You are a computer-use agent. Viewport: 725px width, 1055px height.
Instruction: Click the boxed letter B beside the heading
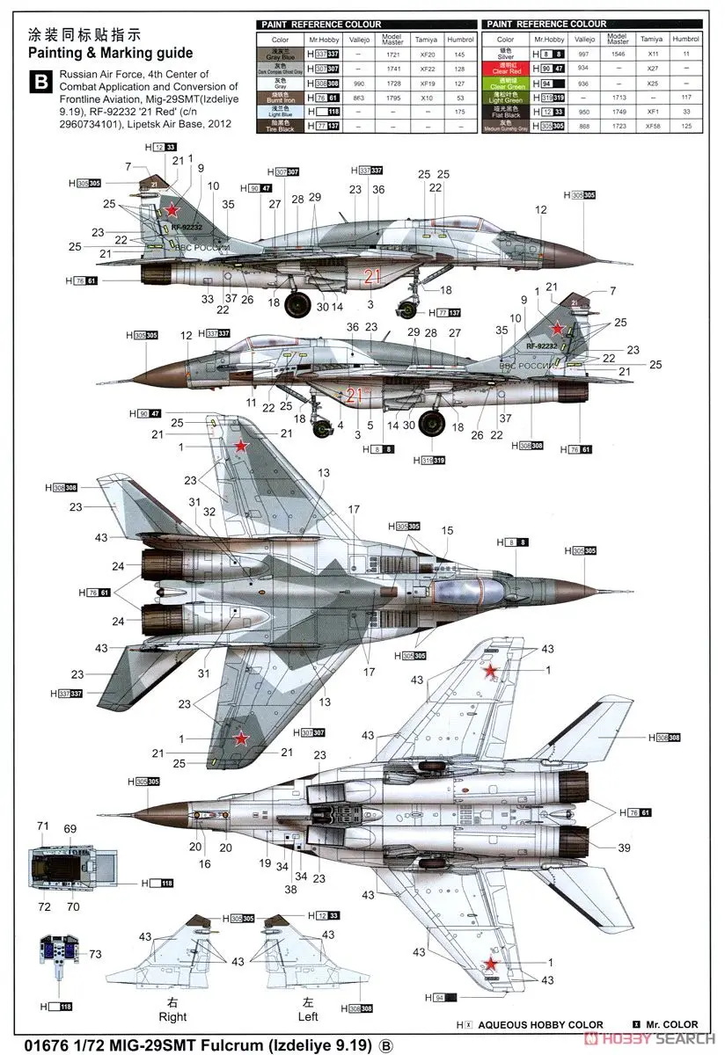[40, 84]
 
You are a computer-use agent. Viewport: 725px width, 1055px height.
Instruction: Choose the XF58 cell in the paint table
[652, 126]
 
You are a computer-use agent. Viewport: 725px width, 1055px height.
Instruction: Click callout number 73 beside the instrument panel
[95, 954]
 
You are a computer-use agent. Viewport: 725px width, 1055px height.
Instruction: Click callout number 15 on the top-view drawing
[448, 530]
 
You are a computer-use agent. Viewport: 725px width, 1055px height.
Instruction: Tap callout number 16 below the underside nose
[205, 864]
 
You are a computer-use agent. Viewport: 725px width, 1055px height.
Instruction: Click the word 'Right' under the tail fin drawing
[172, 1016]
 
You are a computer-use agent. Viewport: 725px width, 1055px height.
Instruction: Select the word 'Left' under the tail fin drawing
[307, 1016]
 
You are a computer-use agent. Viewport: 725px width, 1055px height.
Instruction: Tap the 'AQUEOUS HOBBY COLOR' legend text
[541, 1024]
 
